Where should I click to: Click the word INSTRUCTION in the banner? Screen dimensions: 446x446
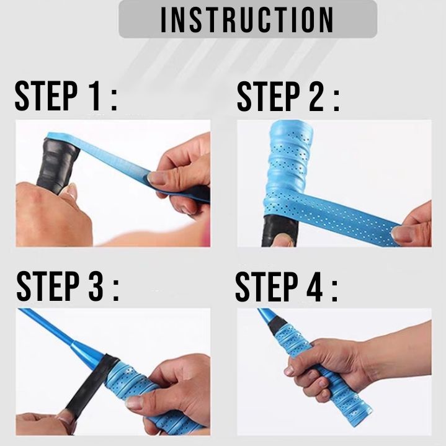point(247,20)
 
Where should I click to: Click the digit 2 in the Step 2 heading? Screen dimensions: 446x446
point(316,96)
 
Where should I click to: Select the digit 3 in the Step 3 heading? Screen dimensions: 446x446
point(96,286)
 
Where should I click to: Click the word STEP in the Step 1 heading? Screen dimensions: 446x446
point(46,96)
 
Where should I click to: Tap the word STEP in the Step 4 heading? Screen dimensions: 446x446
point(267,287)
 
